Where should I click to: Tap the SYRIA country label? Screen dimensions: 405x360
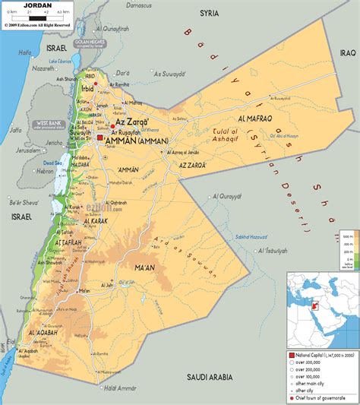coord(209,13)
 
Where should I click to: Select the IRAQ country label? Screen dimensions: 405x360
coord(347,52)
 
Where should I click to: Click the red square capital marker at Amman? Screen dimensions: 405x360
coord(101,139)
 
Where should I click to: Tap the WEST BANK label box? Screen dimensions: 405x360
coord(49,123)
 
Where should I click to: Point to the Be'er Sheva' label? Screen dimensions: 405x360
coord(20,203)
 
